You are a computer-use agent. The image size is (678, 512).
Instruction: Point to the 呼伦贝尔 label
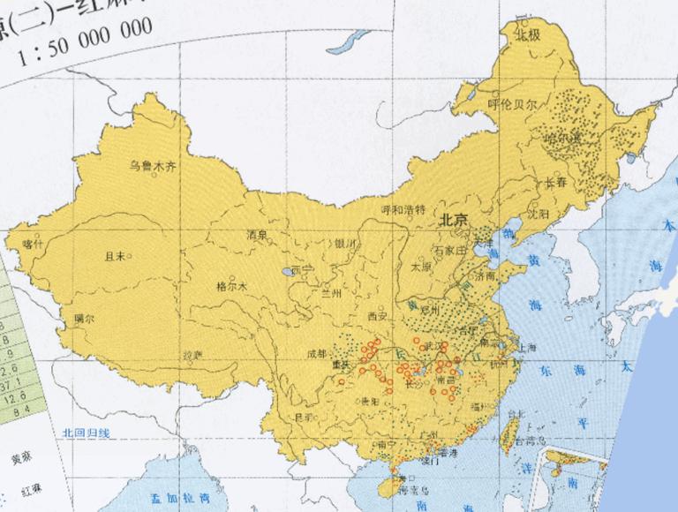click(512, 103)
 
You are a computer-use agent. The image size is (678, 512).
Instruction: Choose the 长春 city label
click(554, 183)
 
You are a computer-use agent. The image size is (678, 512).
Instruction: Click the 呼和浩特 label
click(402, 210)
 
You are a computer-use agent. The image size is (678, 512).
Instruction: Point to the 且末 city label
click(115, 257)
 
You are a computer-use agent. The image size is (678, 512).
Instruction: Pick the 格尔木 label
click(231, 286)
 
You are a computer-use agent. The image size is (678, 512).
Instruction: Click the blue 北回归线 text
click(86, 433)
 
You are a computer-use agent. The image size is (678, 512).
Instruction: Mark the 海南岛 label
click(411, 490)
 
